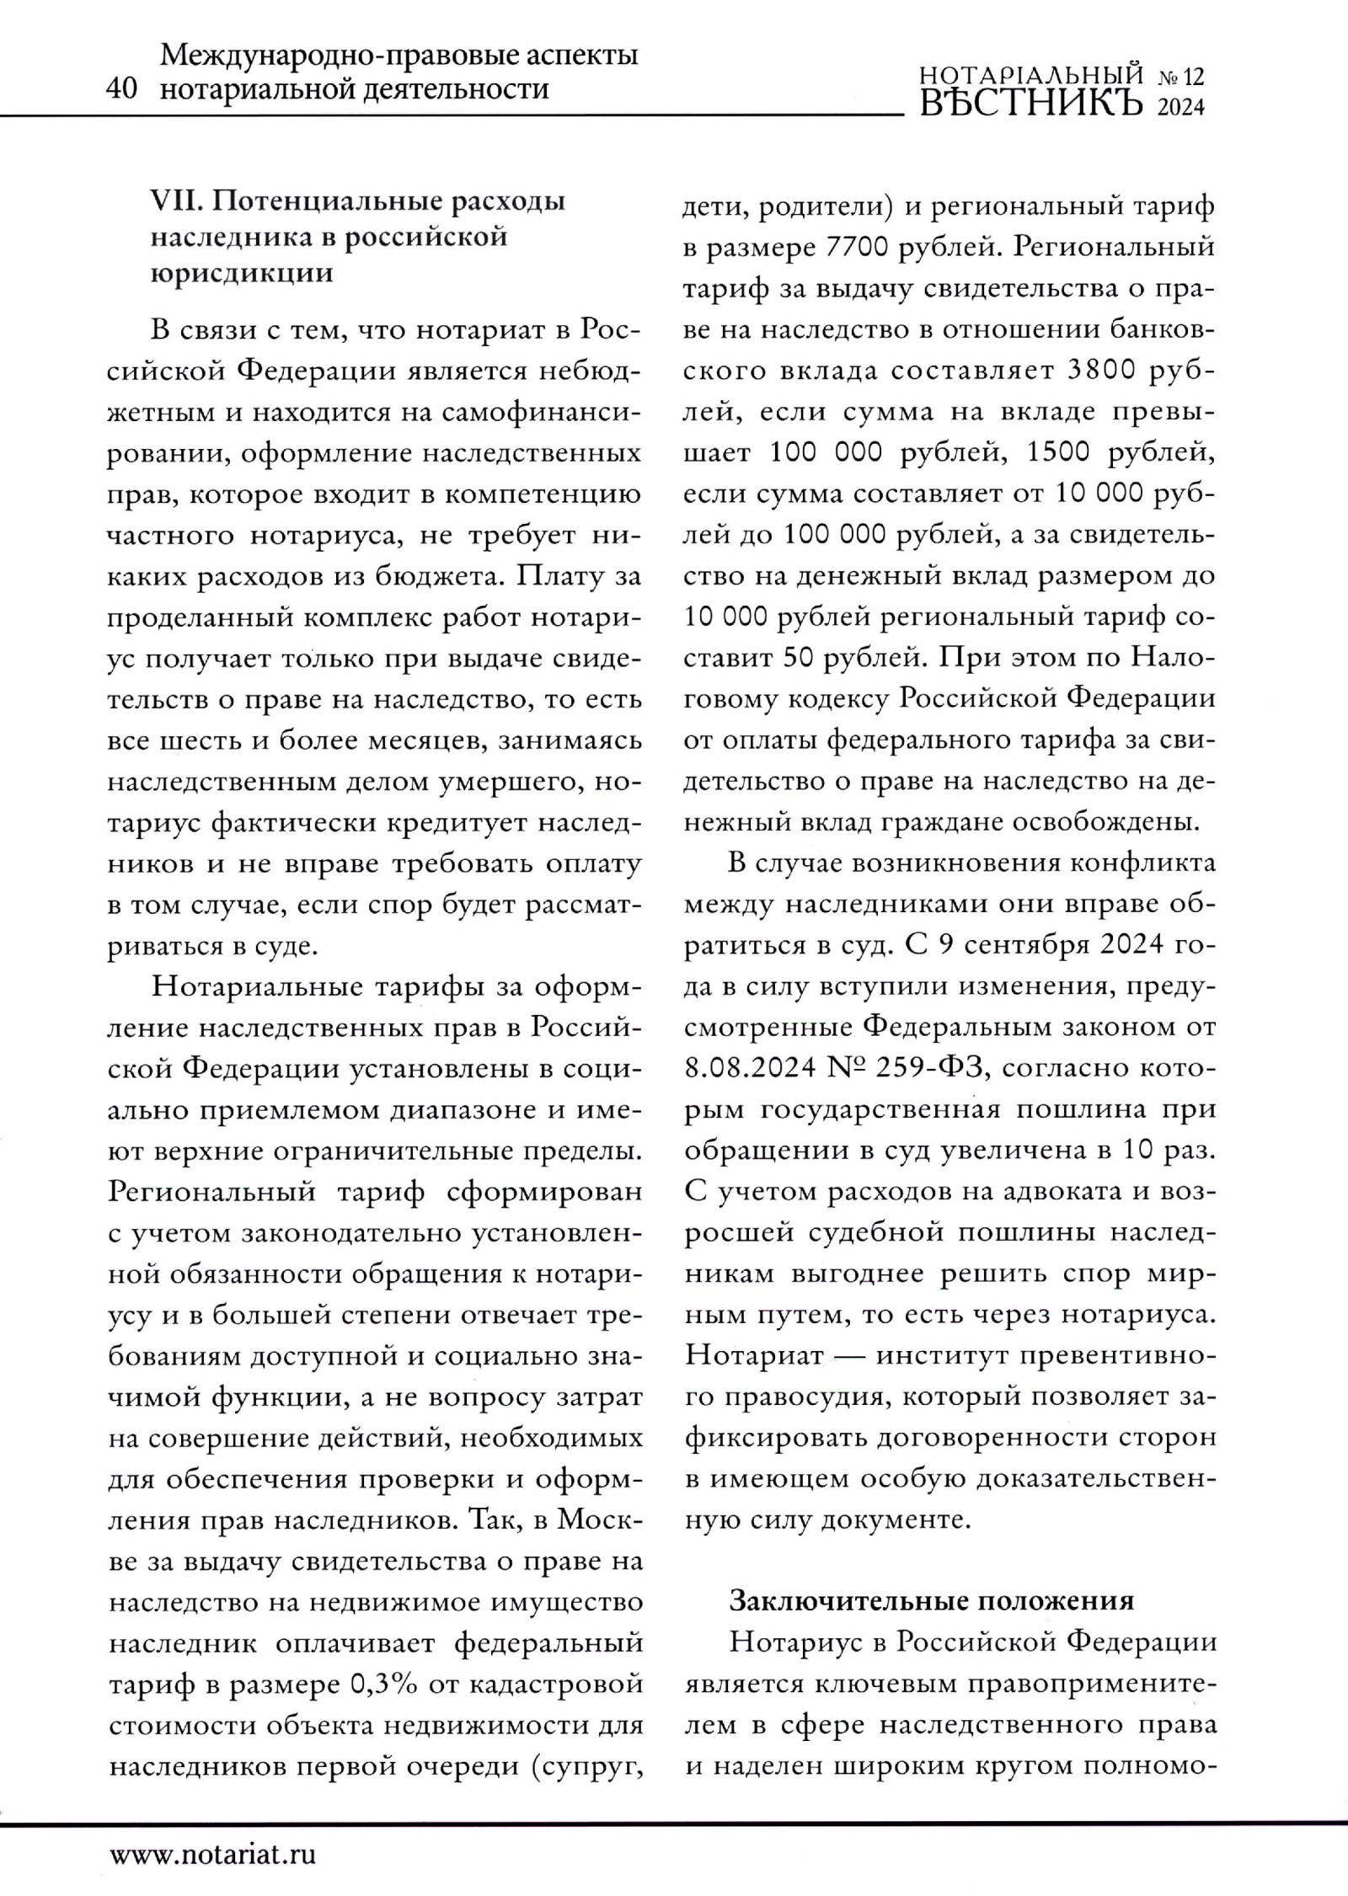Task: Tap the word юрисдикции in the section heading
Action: [x=241, y=274]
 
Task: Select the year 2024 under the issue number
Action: [x=1181, y=108]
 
